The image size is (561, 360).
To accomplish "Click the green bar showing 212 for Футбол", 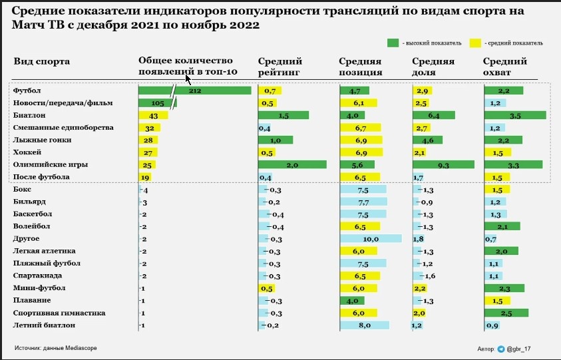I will [x=194, y=90].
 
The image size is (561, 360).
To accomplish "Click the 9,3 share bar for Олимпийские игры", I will [x=443, y=164].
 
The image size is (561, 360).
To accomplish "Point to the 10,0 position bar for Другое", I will [x=370, y=239].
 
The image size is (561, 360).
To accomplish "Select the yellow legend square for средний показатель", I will [x=475, y=43].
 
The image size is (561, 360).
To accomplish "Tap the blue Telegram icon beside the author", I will [x=501, y=348].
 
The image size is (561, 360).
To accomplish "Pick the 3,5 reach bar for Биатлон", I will [x=514, y=115].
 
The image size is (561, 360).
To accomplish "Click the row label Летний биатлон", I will [x=44, y=325].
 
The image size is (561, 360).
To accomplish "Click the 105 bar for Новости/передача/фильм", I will [x=157, y=103].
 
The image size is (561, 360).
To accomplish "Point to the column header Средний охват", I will [x=504, y=67].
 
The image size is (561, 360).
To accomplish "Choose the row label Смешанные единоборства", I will [x=63, y=127].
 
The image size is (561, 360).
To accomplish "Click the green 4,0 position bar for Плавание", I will [x=352, y=301].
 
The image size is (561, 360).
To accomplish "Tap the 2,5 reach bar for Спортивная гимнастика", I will [x=506, y=313].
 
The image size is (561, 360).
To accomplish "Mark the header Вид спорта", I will [x=41, y=62].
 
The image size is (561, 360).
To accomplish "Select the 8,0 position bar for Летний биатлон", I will [x=364, y=325].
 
